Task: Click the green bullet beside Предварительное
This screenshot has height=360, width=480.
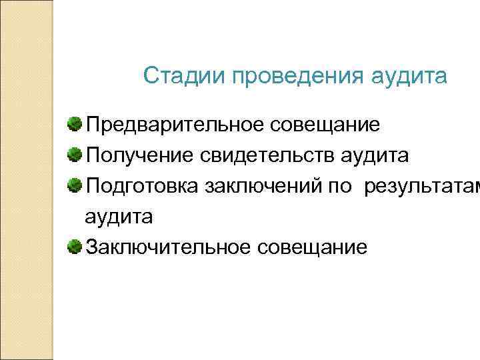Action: (75, 124)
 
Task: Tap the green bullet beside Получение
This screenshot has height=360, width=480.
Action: (75, 155)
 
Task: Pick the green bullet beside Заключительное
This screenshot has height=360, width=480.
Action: (75, 247)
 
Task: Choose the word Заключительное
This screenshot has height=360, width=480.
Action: (164, 248)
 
